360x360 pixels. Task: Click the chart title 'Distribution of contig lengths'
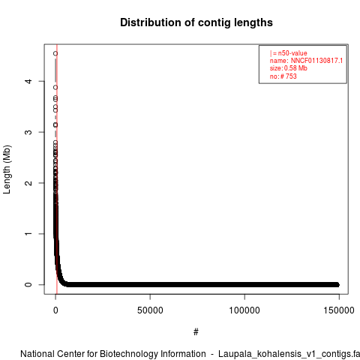pos(196,22)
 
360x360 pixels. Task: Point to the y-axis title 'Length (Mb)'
pos(7,169)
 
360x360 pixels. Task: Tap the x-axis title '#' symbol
pos(196,332)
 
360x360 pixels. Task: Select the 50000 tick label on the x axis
pos(150,310)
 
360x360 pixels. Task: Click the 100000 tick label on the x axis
pos(244,310)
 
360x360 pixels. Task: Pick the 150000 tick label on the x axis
pos(339,310)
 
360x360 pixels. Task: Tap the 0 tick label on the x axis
pos(55,310)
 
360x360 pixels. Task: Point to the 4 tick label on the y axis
pos(29,81)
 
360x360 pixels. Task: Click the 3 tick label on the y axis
pos(29,132)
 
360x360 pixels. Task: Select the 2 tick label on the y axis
pos(29,183)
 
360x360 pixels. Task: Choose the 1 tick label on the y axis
pos(29,234)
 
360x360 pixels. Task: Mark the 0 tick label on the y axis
pos(29,284)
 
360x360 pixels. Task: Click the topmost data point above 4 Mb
pos(55,53)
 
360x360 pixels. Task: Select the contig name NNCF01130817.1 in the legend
pos(316,61)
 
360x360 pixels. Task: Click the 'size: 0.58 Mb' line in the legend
pos(289,68)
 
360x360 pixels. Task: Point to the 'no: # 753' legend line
pos(283,76)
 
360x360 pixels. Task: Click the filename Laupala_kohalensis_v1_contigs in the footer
pos(285,354)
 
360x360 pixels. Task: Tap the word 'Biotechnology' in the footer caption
pos(129,354)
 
